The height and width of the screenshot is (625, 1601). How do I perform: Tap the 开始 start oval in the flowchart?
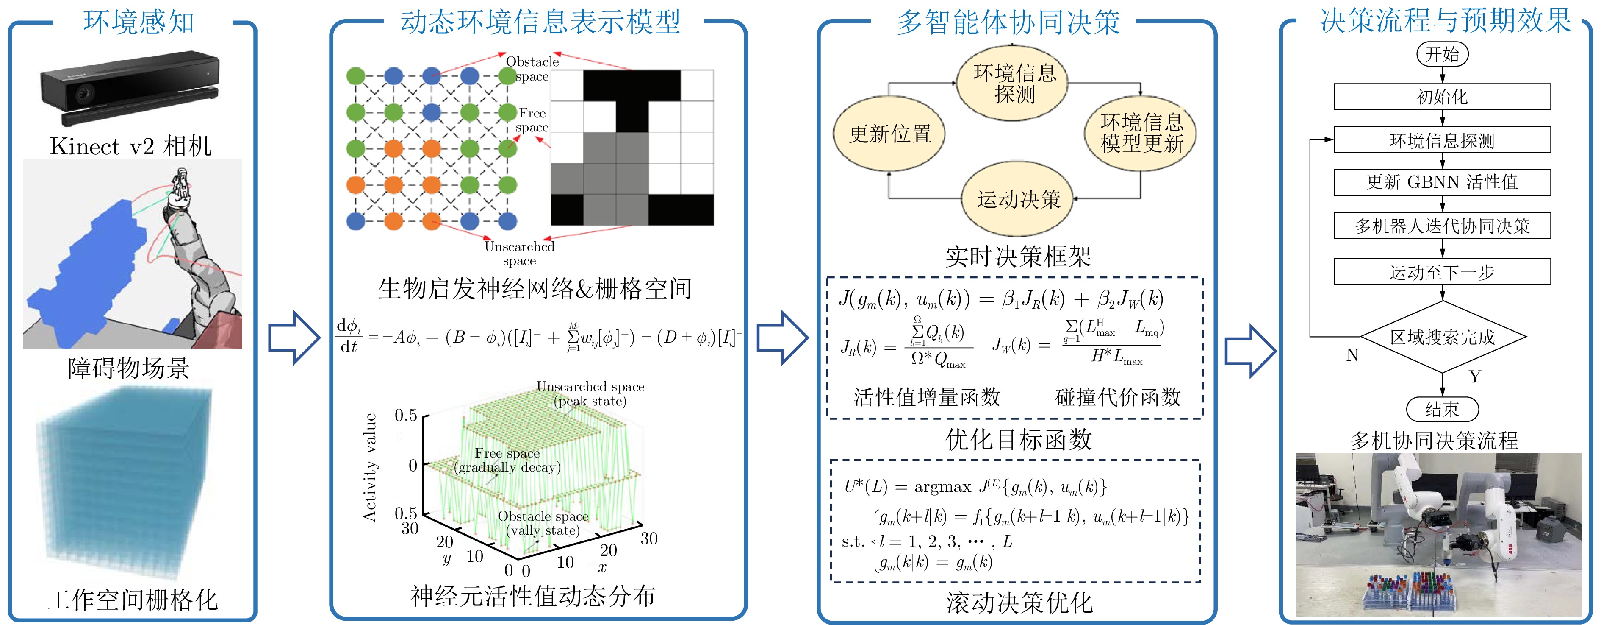click(1442, 54)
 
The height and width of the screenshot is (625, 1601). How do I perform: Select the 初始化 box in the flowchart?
click(1442, 96)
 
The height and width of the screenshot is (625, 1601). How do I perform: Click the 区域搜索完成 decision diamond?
click(1442, 337)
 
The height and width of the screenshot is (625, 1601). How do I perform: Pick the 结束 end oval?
click(1442, 409)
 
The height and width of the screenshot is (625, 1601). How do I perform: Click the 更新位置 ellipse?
click(889, 134)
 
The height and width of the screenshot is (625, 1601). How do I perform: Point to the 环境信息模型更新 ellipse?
click(1141, 132)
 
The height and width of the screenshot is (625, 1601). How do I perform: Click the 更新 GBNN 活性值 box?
click(1442, 182)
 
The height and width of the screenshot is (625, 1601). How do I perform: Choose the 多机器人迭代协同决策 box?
click(1442, 226)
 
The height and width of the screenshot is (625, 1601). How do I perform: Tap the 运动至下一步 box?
click(1442, 272)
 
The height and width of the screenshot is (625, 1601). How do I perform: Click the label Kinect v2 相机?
click(130, 147)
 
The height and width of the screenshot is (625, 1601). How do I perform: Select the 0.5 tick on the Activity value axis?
click(406, 415)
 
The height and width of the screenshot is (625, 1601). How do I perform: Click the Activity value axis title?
click(371, 467)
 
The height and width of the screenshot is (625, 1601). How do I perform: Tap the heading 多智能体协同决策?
click(1008, 22)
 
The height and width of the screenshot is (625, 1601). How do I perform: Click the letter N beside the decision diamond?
click(1352, 355)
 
